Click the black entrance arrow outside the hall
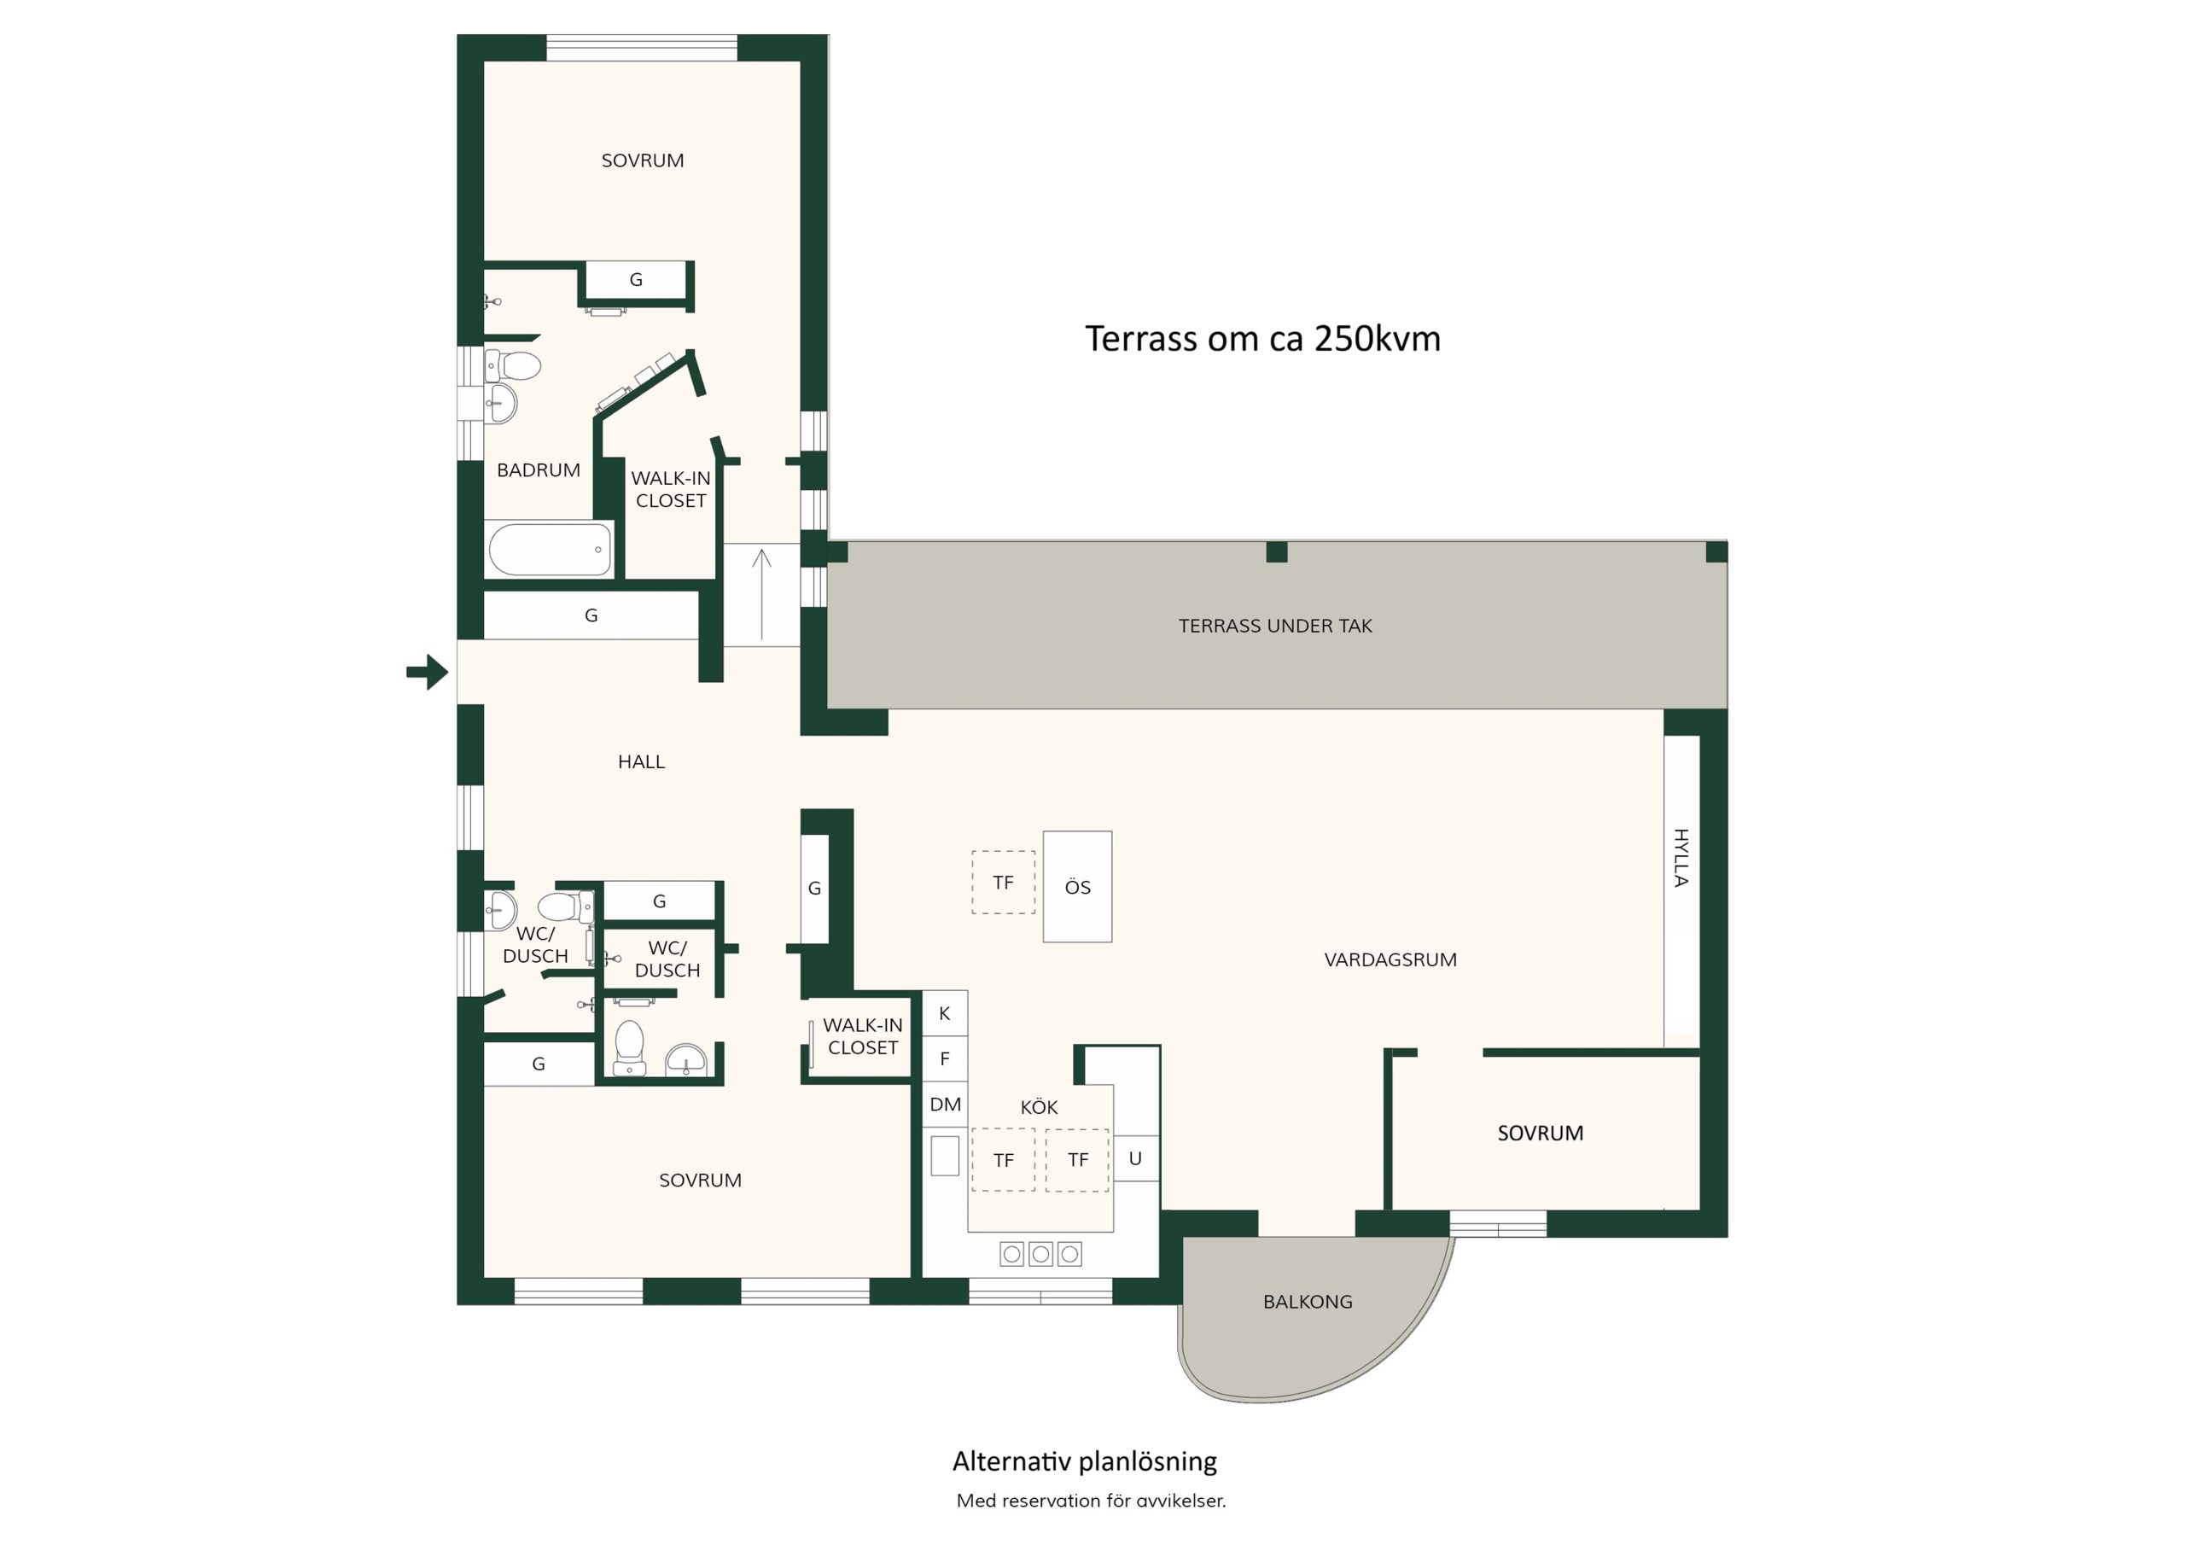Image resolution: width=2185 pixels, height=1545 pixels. click(x=428, y=672)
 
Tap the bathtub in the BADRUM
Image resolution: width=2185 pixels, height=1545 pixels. click(x=549, y=549)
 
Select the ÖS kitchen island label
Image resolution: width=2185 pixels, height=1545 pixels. click(x=1077, y=887)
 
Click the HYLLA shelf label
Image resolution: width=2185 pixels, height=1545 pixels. click(x=1681, y=858)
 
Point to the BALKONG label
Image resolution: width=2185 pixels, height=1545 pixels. click(x=1308, y=1302)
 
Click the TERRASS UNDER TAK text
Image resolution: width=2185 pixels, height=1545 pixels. click(x=1275, y=626)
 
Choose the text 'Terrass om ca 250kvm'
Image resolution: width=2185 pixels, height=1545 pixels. click(x=1263, y=339)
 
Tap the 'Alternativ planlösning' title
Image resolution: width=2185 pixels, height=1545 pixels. click(x=1085, y=1460)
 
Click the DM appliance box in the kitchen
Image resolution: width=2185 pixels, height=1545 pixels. click(x=945, y=1105)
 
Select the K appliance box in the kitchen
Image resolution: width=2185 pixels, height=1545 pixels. click(x=945, y=1013)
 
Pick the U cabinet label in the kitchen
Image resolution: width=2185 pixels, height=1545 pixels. click(x=1135, y=1158)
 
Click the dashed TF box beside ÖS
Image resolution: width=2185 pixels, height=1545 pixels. click(x=1003, y=883)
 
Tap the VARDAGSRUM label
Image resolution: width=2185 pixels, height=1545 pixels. click(x=1390, y=959)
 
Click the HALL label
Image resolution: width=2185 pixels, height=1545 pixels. click(x=641, y=761)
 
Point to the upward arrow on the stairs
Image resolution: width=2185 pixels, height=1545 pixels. click(x=761, y=594)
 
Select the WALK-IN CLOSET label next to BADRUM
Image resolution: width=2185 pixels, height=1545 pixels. click(x=671, y=489)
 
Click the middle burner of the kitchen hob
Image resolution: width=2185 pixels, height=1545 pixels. click(x=1041, y=1255)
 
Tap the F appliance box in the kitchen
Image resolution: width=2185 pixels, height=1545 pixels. click(x=945, y=1058)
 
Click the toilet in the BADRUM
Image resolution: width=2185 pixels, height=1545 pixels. click(x=513, y=365)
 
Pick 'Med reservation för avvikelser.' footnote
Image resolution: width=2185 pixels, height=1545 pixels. click(x=1092, y=1501)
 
